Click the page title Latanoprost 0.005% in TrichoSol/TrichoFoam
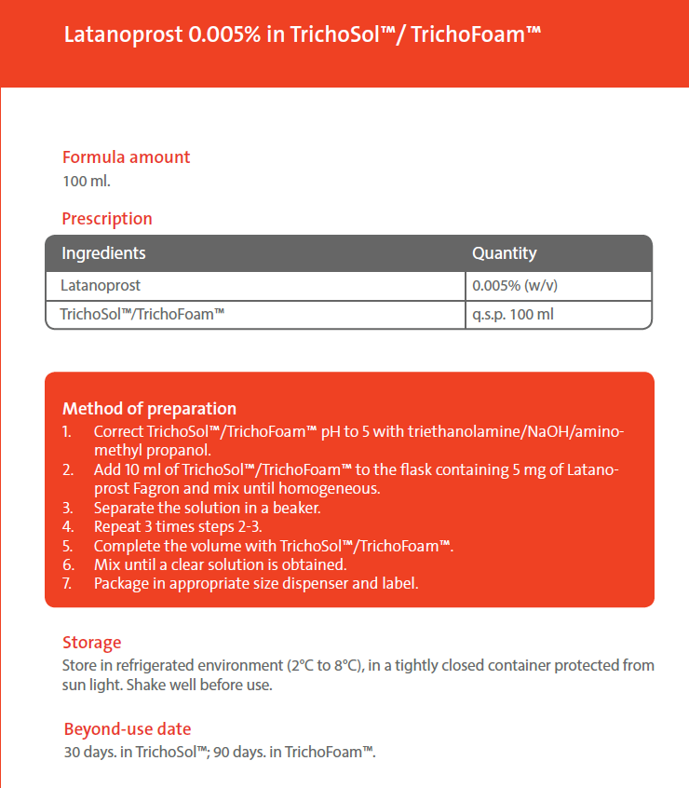point(303,35)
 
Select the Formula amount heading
point(126,157)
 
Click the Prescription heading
point(107,219)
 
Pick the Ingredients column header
point(103,253)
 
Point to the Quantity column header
point(504,253)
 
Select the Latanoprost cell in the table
point(101,285)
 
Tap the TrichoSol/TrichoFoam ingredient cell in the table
point(142,315)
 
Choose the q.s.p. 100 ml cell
point(513,315)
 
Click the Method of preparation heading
point(149,409)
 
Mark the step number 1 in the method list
point(67,432)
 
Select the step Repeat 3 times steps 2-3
point(178,527)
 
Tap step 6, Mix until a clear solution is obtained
point(220,564)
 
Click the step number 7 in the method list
point(67,584)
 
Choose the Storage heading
point(91,643)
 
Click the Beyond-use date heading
point(128,729)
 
